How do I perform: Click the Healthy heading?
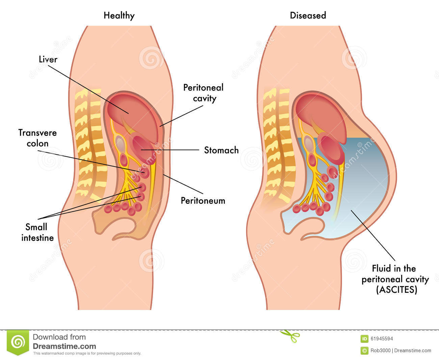[119, 16]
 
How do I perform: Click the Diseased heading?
[308, 16]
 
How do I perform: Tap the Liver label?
[48, 59]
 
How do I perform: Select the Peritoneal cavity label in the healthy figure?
[203, 93]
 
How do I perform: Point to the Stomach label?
[221, 150]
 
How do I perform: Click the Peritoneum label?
[203, 200]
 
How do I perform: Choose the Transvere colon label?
[37, 138]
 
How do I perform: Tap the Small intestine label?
[37, 232]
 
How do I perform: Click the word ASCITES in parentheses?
[397, 290]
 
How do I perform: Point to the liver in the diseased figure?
[321, 112]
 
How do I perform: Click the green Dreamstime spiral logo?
[18, 342]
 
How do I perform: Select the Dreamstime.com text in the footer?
[64, 346]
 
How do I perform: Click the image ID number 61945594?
[381, 339]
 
